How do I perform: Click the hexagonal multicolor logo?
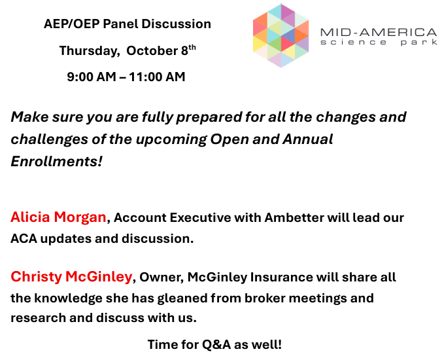pyautogui.click(x=280, y=35)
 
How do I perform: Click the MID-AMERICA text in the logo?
pyautogui.click(x=379, y=33)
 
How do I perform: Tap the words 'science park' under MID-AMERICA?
pyautogui.click(x=379, y=43)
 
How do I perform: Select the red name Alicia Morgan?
pyautogui.click(x=58, y=217)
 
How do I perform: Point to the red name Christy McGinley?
pyautogui.click(x=71, y=276)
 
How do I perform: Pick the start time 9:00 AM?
pyautogui.click(x=92, y=77)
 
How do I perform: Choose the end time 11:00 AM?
pyautogui.click(x=157, y=77)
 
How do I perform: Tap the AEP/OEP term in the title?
pyautogui.click(x=72, y=24)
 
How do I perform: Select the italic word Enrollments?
pyautogui.click(x=56, y=162)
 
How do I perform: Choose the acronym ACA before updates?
pyautogui.click(x=24, y=239)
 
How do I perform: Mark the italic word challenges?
pyautogui.click(x=49, y=139)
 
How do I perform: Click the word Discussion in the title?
pyautogui.click(x=176, y=24)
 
